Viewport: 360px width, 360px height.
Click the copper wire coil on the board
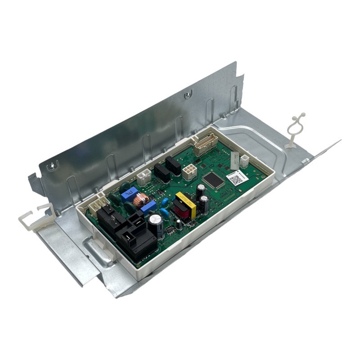(x=143, y=198)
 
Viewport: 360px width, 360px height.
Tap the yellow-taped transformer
(x=185, y=205)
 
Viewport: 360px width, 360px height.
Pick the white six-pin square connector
(x=189, y=171)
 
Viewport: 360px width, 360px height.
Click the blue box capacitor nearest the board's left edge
(x=129, y=192)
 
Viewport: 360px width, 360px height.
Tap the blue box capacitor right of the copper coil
(x=148, y=207)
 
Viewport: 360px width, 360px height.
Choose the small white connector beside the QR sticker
(x=244, y=161)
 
